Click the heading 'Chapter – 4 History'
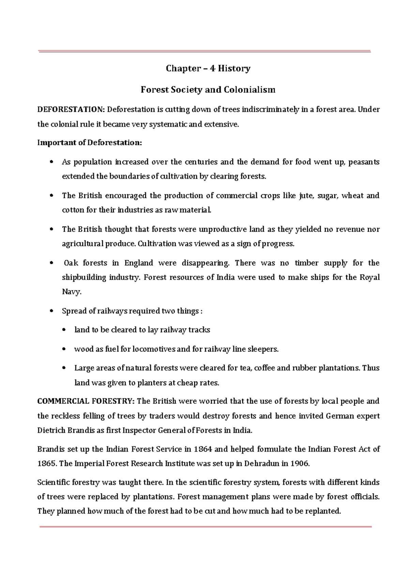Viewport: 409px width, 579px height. [208, 69]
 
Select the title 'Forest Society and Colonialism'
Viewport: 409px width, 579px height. [208, 90]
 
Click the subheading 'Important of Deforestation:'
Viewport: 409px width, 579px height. [89, 143]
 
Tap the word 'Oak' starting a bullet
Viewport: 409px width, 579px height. [71, 263]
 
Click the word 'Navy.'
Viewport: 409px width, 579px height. [72, 292]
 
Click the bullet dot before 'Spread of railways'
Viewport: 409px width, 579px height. [51, 311]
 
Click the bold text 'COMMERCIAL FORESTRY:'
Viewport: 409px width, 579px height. [86, 401]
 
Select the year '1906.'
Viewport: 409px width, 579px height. [300, 464]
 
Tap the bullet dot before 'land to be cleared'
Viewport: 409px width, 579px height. [64, 330]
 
